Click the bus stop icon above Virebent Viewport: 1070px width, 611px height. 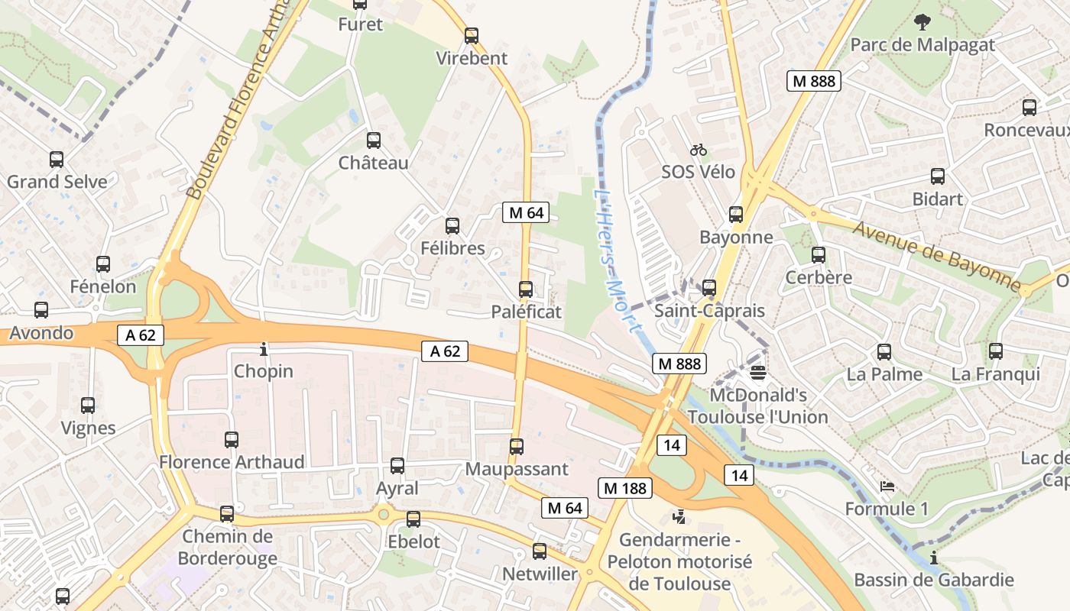(x=472, y=35)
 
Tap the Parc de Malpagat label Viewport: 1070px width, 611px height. (x=922, y=44)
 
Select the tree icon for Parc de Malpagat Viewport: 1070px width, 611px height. (x=922, y=21)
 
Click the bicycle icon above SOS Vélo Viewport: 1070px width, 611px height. (x=698, y=150)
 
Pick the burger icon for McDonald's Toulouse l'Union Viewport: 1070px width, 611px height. (x=758, y=373)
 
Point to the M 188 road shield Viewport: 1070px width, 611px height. (x=624, y=488)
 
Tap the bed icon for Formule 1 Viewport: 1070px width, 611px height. (x=887, y=486)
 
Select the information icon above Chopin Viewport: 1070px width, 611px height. (x=264, y=349)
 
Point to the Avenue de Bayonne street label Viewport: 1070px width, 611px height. (x=937, y=257)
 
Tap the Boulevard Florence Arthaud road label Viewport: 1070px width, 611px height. (x=238, y=99)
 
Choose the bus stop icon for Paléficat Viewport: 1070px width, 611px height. (x=526, y=289)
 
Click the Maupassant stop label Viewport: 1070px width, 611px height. (x=517, y=468)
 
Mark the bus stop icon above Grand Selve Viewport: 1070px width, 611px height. (x=57, y=160)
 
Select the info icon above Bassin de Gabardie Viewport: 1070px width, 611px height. (x=934, y=558)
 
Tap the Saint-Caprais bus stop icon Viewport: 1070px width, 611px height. (x=709, y=288)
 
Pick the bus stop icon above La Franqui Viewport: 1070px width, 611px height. (x=995, y=351)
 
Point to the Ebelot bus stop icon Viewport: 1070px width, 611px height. (x=413, y=519)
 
